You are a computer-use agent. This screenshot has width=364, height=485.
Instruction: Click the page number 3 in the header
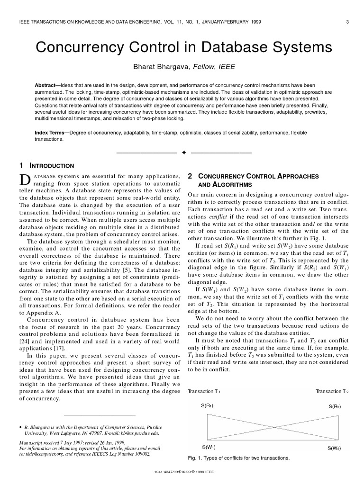click(348, 21)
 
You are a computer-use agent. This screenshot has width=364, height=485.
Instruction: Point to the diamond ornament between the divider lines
click(183, 153)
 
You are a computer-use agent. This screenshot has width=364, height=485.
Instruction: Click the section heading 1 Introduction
click(46, 166)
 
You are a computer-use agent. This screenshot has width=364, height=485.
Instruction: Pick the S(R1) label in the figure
click(205, 406)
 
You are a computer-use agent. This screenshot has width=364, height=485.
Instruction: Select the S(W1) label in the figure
click(209, 447)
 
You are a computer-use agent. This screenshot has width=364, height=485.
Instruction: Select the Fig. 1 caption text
click(239, 458)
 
